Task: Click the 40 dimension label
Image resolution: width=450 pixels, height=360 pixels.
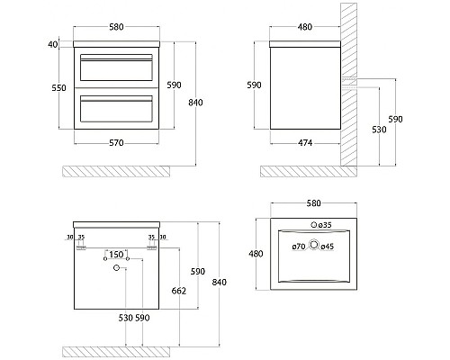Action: pos(52,43)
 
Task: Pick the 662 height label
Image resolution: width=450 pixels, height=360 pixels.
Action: pos(178,291)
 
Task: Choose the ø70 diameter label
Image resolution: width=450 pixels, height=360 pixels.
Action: pos(298,246)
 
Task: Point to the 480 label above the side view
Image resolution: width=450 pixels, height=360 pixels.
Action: pos(304,27)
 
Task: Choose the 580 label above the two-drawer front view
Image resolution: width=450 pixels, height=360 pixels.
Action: pos(115,27)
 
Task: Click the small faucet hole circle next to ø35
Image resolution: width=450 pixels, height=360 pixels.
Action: pos(313,224)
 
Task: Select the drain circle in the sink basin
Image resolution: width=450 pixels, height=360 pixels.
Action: pos(313,243)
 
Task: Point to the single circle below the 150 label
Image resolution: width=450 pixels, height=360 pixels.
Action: pos(116,268)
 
